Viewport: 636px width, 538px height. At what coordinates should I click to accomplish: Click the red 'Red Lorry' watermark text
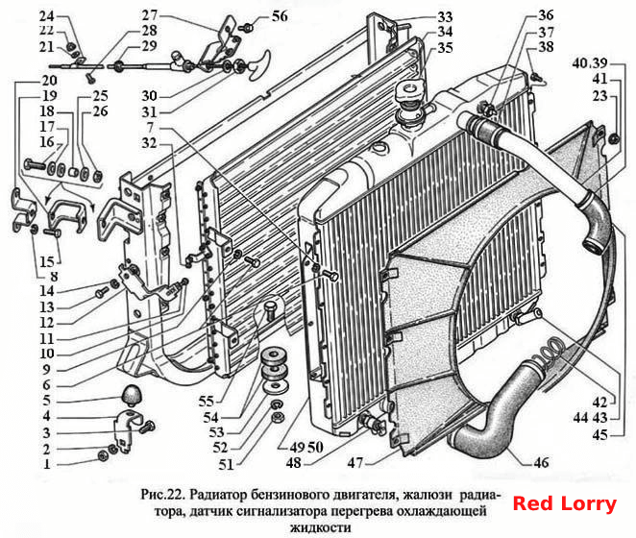(x=564, y=503)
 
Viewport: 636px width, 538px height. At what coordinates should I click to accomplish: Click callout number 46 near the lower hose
(x=541, y=462)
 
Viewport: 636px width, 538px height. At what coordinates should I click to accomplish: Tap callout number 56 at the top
(x=280, y=16)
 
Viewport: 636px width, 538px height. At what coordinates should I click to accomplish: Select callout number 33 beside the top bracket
(x=445, y=17)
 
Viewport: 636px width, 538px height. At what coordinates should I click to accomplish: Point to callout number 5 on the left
(x=47, y=401)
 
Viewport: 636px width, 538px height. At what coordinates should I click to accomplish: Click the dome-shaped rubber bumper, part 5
(x=133, y=395)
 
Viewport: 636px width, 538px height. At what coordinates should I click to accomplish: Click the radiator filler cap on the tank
(x=411, y=91)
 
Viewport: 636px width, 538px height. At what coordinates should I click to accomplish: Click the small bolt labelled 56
(x=247, y=28)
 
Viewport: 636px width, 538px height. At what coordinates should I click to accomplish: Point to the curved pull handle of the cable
(x=258, y=65)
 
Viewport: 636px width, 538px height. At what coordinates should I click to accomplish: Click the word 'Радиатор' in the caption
(x=217, y=495)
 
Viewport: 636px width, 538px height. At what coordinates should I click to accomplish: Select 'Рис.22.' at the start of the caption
(x=162, y=495)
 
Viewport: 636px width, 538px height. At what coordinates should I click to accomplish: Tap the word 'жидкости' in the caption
(x=321, y=527)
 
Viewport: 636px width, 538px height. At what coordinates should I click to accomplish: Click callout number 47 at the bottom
(x=355, y=462)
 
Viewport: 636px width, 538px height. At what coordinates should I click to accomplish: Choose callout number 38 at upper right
(x=546, y=47)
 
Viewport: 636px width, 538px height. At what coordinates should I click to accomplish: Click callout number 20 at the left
(x=49, y=81)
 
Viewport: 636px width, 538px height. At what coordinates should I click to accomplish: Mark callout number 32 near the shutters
(x=149, y=143)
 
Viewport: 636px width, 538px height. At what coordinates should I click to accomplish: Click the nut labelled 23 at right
(x=614, y=139)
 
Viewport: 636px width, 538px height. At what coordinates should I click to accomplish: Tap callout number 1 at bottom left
(x=47, y=464)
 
